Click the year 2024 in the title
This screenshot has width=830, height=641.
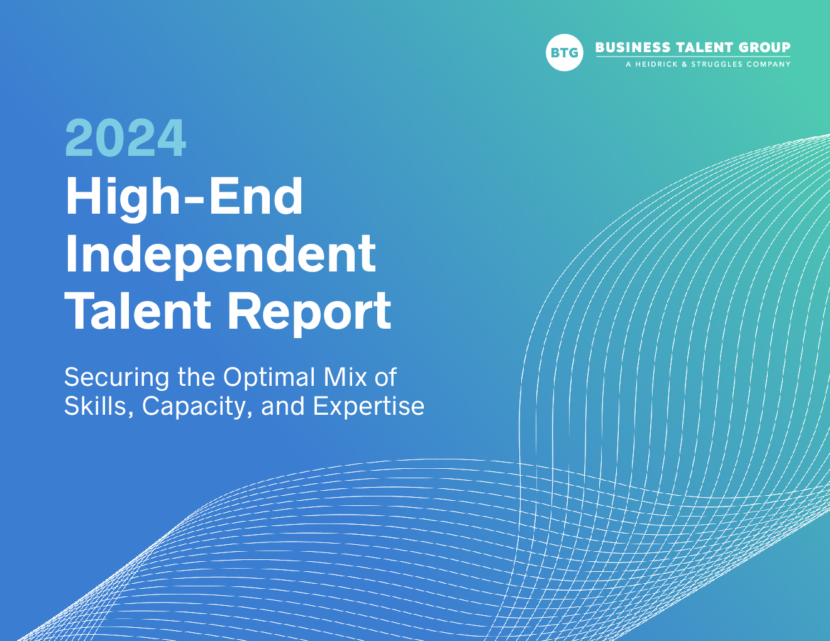coord(126,138)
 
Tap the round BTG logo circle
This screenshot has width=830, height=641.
coord(564,52)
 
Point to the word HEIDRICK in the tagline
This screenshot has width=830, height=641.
coord(657,64)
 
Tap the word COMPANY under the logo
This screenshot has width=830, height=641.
coord(768,64)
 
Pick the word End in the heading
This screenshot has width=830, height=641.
coord(256,196)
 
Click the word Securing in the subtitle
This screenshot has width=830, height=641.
coord(116,378)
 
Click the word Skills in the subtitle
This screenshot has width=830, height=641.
coord(99,406)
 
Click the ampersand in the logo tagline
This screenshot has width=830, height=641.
coord(685,64)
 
